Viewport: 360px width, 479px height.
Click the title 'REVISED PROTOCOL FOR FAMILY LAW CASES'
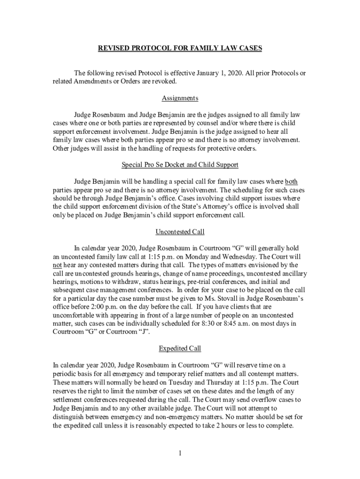click(x=180, y=48)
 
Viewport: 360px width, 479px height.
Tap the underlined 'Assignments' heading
click(x=180, y=98)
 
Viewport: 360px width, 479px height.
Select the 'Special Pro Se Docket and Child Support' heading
click(x=180, y=165)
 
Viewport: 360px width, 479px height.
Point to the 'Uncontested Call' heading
click(x=180, y=232)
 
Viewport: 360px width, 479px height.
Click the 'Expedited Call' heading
click(x=180, y=348)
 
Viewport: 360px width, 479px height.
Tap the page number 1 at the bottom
click(x=180, y=453)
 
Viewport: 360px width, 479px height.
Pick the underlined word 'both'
click(x=291, y=181)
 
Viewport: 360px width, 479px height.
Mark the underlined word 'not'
click(x=57, y=265)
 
